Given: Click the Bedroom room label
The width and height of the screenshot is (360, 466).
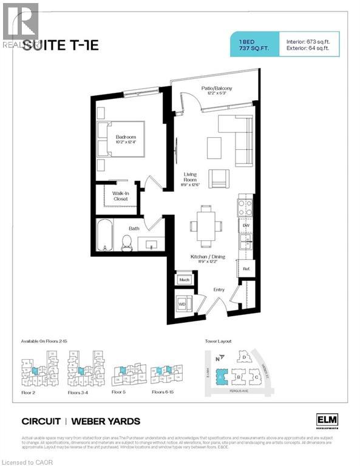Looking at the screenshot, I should coord(126,138).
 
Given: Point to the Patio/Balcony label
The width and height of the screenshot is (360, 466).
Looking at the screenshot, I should coord(217,89).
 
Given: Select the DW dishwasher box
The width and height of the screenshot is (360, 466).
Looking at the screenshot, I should coord(246,226).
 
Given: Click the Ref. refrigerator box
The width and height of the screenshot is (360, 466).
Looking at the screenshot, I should coord(246,268).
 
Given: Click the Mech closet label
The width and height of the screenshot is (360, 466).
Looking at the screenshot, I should coord(184,280).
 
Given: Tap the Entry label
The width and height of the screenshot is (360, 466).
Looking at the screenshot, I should coord(219,290).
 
